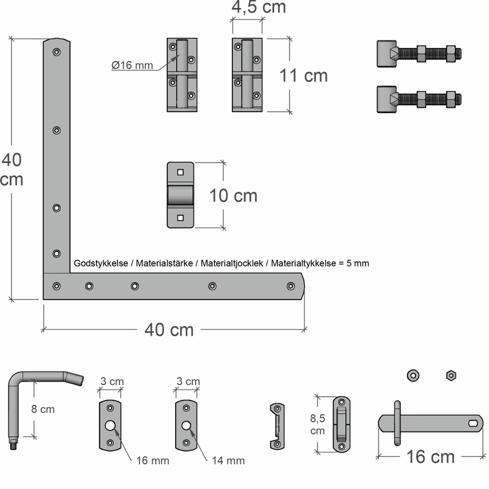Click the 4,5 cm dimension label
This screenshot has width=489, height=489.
259,7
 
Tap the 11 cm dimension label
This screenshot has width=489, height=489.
303,76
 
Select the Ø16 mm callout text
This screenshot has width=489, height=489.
132,65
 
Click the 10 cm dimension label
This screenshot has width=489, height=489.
233,196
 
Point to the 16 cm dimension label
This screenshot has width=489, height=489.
430,457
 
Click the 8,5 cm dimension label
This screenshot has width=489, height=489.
317,424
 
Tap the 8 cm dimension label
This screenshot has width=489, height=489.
43,409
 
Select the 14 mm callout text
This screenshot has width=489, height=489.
228,461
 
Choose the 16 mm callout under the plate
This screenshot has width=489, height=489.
153,461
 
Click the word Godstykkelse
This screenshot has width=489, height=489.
101,263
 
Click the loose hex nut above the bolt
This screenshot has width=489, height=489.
451,376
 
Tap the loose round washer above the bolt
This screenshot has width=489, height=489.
413,376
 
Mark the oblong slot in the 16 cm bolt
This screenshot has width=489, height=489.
473,423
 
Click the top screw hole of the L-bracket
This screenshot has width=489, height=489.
57,52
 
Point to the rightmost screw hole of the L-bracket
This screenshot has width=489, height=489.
290,286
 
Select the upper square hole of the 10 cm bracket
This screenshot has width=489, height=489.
180,172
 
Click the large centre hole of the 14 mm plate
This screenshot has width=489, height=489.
186,425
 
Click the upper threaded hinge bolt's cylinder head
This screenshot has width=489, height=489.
387,54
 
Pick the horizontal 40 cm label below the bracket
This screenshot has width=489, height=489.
169,330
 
